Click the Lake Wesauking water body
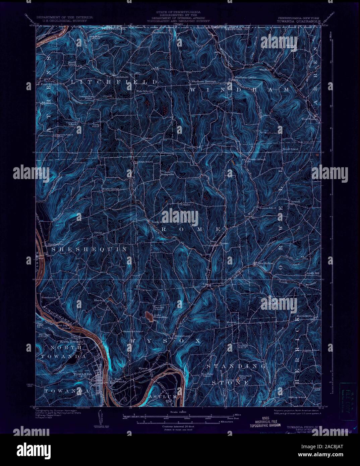(148, 316)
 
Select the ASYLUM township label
(162, 397)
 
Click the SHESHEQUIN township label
(89, 249)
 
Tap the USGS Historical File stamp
(265, 422)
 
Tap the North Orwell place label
(256, 159)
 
